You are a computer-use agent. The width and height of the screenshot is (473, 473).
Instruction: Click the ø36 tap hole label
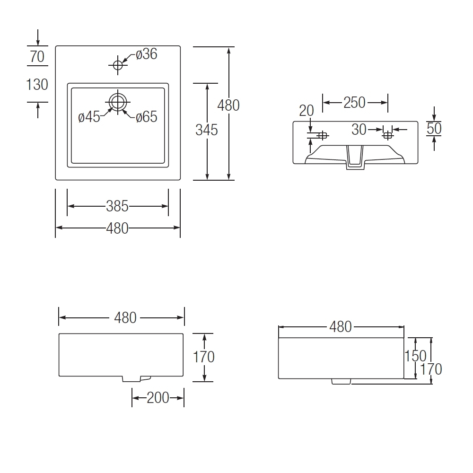tap(147, 54)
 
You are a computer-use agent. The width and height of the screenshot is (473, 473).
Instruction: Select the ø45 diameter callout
tap(89, 117)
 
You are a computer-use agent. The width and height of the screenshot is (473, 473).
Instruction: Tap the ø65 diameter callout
tap(147, 117)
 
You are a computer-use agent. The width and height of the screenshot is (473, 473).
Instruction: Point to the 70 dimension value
tap(37, 56)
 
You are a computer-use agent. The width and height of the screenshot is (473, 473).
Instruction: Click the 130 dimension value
tap(37, 85)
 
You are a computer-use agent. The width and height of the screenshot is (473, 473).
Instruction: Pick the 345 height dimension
tap(207, 130)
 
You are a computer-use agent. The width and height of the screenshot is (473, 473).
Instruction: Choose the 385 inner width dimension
tap(117, 206)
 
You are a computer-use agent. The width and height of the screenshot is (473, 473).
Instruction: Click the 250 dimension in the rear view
tap(354, 103)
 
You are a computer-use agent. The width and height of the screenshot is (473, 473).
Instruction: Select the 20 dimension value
tap(307, 111)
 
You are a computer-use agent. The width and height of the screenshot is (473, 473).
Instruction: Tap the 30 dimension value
tap(359, 130)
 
